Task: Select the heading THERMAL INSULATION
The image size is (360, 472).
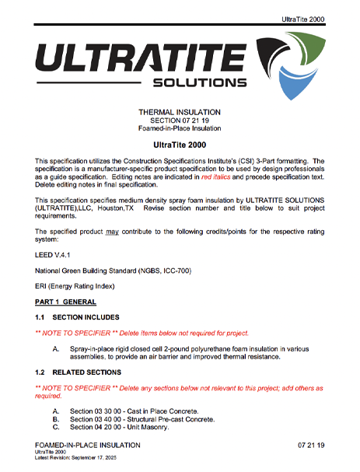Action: [x=179, y=112]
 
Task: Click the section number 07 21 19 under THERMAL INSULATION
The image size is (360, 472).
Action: [x=179, y=121]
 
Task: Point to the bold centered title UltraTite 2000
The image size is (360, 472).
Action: [x=179, y=145]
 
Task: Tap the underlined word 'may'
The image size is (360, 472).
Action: [x=112, y=232]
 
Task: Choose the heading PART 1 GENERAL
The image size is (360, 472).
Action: [x=65, y=302]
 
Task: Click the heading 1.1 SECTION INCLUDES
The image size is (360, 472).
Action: [x=77, y=317]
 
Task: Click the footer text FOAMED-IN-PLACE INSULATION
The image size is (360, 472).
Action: [x=88, y=445]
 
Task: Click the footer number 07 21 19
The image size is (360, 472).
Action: [x=310, y=445]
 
